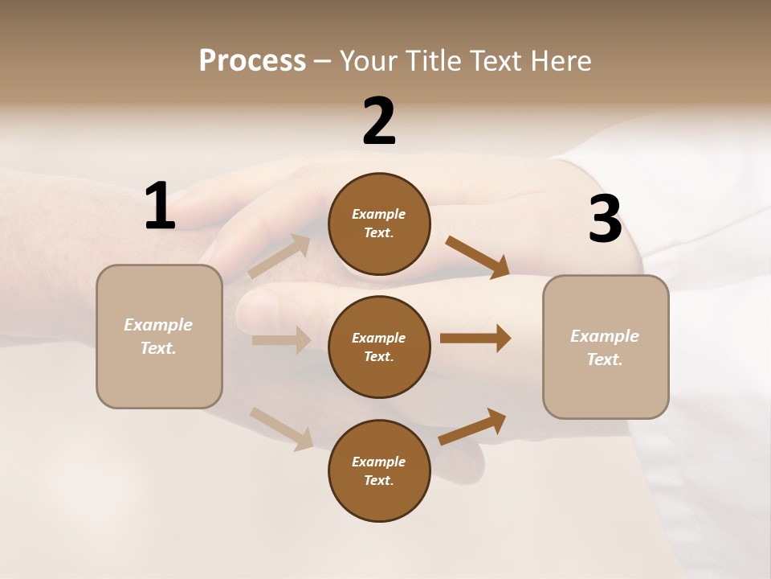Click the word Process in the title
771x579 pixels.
pyautogui.click(x=252, y=60)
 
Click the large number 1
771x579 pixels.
pyautogui.click(x=160, y=207)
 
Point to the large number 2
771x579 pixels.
pyautogui.click(x=379, y=121)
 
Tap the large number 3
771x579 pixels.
pyautogui.click(x=605, y=220)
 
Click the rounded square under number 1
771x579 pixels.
pyautogui.click(x=159, y=336)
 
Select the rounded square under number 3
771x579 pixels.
pyautogui.click(x=606, y=347)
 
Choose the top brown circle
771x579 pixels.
pyautogui.click(x=379, y=224)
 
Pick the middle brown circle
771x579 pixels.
pyautogui.click(x=379, y=347)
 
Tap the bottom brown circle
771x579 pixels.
pyautogui.click(x=379, y=470)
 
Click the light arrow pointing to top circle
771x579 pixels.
pyautogui.click(x=279, y=257)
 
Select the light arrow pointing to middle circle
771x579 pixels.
pyautogui.click(x=281, y=340)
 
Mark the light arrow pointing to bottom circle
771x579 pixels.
pyautogui.click(x=282, y=428)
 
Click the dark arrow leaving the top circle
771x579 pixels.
pyautogui.click(x=478, y=257)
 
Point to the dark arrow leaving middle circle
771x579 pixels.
pyautogui.click(x=475, y=339)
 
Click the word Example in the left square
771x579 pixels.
pyautogui.click(x=158, y=325)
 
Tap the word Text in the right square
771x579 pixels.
pyautogui.click(x=604, y=359)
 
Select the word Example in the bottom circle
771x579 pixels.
pyautogui.click(x=378, y=462)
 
